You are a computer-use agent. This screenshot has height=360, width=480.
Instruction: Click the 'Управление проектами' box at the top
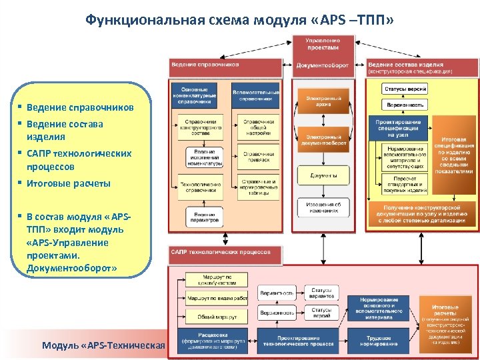322,43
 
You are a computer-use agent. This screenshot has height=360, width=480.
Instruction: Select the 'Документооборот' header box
323,66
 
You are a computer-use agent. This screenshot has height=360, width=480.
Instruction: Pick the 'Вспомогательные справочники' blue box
255,95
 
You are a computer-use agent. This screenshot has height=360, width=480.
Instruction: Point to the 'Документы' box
323,175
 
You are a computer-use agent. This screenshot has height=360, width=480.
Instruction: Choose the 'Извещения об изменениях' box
323,207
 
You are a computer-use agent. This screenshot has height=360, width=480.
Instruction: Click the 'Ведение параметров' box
199,214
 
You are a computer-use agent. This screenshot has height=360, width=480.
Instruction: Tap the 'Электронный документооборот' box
323,139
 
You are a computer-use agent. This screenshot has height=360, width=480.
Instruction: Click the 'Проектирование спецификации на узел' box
398,127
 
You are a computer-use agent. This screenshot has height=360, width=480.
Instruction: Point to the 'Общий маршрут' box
207,315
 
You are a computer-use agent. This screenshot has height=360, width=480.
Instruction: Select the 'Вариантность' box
277,293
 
